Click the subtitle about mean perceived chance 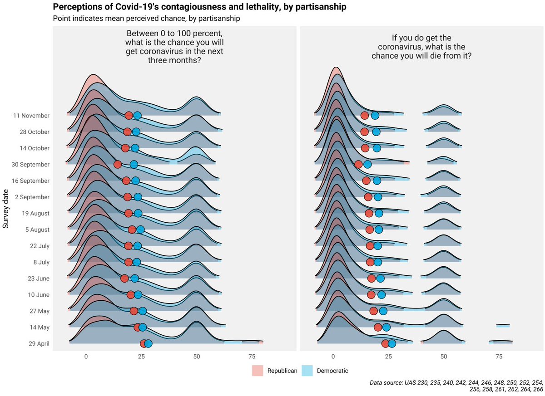pyautogui.click(x=146, y=19)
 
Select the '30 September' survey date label pyautogui.click(x=31, y=165)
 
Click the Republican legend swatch pyautogui.click(x=258, y=371)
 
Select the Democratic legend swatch pyautogui.click(x=307, y=371)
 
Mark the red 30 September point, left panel pyautogui.click(x=118, y=164)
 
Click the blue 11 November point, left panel pyautogui.click(x=137, y=116)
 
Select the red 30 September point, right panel pyautogui.click(x=359, y=164)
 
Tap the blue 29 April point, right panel pyautogui.click(x=392, y=343)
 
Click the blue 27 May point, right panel pyautogui.click(x=383, y=311)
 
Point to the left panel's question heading pyautogui.click(x=174, y=47)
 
